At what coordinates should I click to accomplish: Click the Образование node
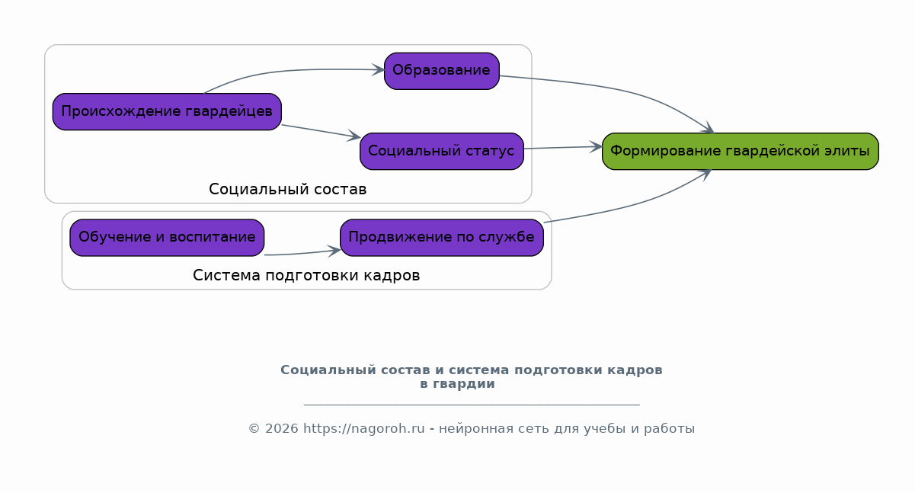tap(442, 71)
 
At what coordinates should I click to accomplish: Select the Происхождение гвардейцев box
tap(167, 111)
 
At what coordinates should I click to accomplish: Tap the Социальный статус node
tap(442, 151)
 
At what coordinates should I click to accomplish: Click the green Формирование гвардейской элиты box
tap(741, 151)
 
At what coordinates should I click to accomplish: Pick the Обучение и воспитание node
tap(167, 238)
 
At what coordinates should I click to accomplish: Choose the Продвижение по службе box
tap(442, 238)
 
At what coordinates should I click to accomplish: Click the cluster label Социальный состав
tap(287, 189)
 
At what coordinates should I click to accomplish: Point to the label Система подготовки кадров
tap(306, 275)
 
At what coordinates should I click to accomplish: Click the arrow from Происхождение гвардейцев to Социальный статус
tap(321, 132)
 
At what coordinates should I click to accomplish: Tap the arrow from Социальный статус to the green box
tap(563, 148)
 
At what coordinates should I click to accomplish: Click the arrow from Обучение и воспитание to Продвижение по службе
tap(302, 253)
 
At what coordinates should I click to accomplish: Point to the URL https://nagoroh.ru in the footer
tap(364, 428)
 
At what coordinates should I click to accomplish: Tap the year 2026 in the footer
tap(281, 428)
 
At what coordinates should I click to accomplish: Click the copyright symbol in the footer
tap(254, 428)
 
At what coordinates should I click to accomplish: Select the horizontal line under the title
tap(472, 405)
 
